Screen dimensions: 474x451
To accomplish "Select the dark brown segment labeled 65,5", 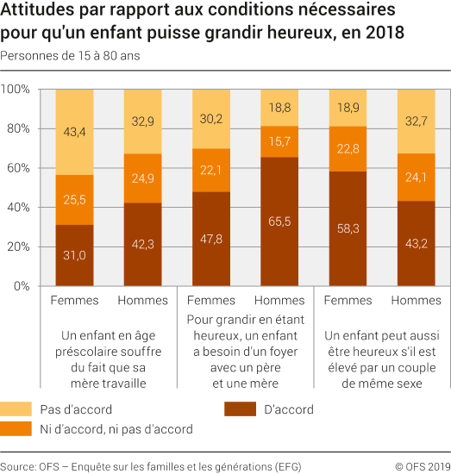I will click(280, 221).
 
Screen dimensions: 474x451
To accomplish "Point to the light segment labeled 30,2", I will click(212, 118).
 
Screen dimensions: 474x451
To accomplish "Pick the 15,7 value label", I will click(280, 141).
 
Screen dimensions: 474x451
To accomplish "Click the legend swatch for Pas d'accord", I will click(17, 410).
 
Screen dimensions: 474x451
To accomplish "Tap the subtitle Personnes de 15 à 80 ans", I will click(69, 55).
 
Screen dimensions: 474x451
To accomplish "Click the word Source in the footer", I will click(18, 465).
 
